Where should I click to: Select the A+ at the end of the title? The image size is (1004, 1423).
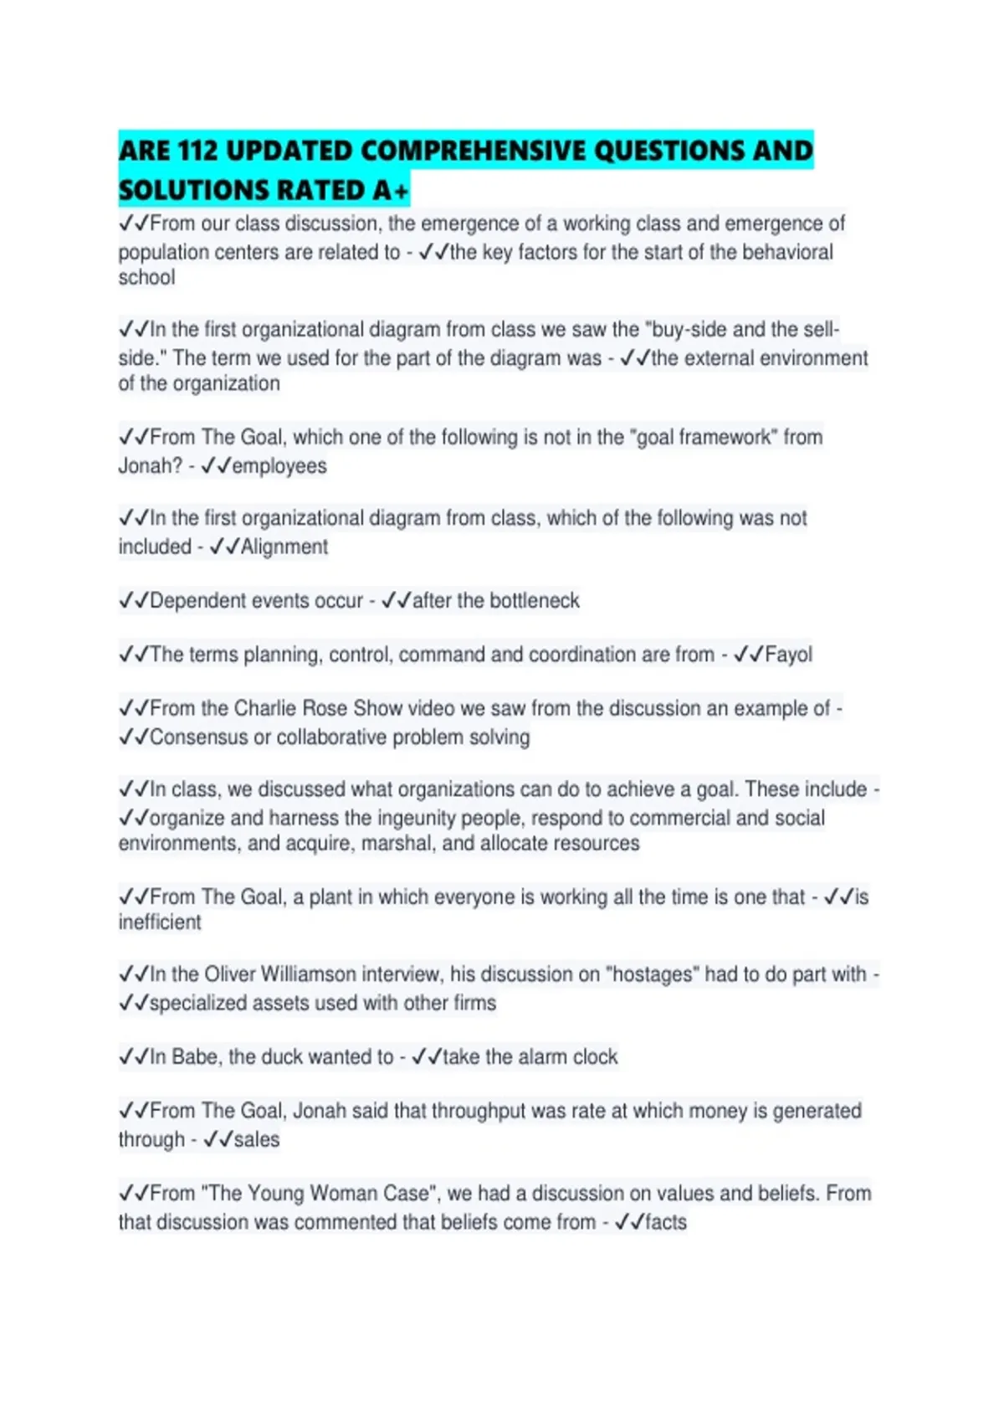click(391, 192)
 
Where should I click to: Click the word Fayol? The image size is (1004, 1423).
click(788, 655)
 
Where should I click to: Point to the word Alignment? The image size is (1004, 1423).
click(284, 547)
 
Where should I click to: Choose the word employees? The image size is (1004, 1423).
click(279, 466)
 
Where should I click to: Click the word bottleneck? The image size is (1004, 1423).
click(535, 601)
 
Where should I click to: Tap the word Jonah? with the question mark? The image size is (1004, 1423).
click(150, 466)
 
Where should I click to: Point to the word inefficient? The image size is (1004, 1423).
click(160, 922)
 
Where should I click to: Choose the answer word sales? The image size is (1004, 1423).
click(257, 1140)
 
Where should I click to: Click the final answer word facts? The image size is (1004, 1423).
click(666, 1223)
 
